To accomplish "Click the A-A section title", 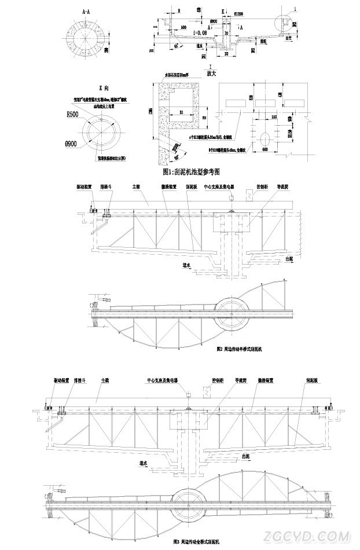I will point(86,10).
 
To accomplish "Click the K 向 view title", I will point(104,87).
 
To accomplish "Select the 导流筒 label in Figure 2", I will point(282,187).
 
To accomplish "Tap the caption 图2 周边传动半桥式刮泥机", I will point(239,349).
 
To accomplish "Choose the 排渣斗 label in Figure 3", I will point(79,381).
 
